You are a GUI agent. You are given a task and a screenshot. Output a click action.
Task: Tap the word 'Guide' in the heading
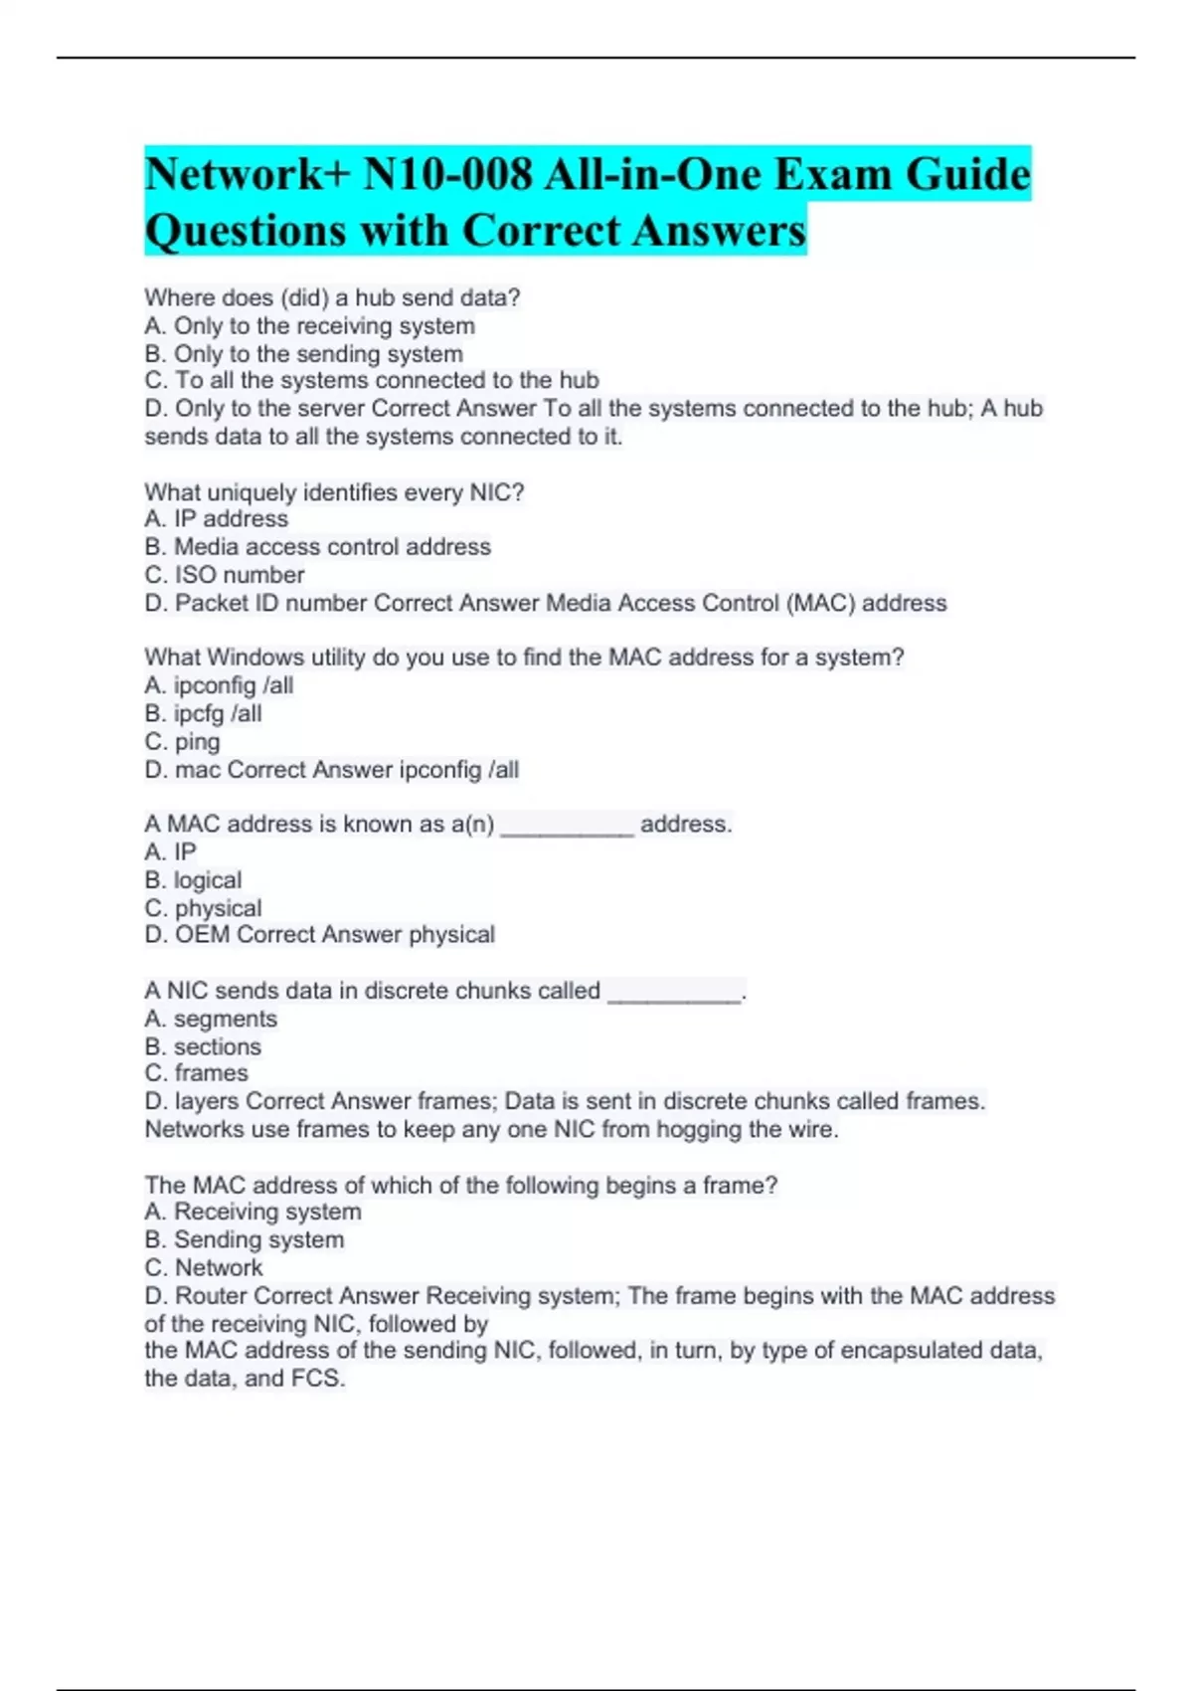[968, 175]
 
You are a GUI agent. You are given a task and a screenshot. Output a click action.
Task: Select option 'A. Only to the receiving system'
[309, 326]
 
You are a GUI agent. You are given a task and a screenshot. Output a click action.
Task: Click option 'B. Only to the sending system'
[303, 354]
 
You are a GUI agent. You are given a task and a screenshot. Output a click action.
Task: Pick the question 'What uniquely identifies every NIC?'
[334, 492]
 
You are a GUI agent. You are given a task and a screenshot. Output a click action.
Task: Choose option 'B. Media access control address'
[317, 547]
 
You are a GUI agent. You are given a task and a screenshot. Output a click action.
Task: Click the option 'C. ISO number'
[225, 575]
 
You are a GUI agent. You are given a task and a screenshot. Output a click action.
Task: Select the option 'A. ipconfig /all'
[219, 685]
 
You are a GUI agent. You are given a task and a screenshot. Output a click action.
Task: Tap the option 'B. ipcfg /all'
[203, 713]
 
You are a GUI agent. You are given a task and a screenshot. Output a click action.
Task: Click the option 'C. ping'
[182, 741]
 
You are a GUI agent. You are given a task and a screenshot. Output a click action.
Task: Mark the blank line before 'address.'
[567, 826]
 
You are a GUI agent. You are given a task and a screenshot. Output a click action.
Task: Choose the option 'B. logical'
[193, 880]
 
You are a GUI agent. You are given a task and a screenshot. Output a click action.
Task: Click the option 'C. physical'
[203, 908]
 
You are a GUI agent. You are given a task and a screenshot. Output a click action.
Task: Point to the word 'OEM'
[202, 935]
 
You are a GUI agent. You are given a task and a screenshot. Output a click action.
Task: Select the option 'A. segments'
[211, 1019]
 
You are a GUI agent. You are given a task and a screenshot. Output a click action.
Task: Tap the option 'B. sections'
[203, 1046]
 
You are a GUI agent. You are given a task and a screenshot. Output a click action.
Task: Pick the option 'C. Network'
[204, 1268]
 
